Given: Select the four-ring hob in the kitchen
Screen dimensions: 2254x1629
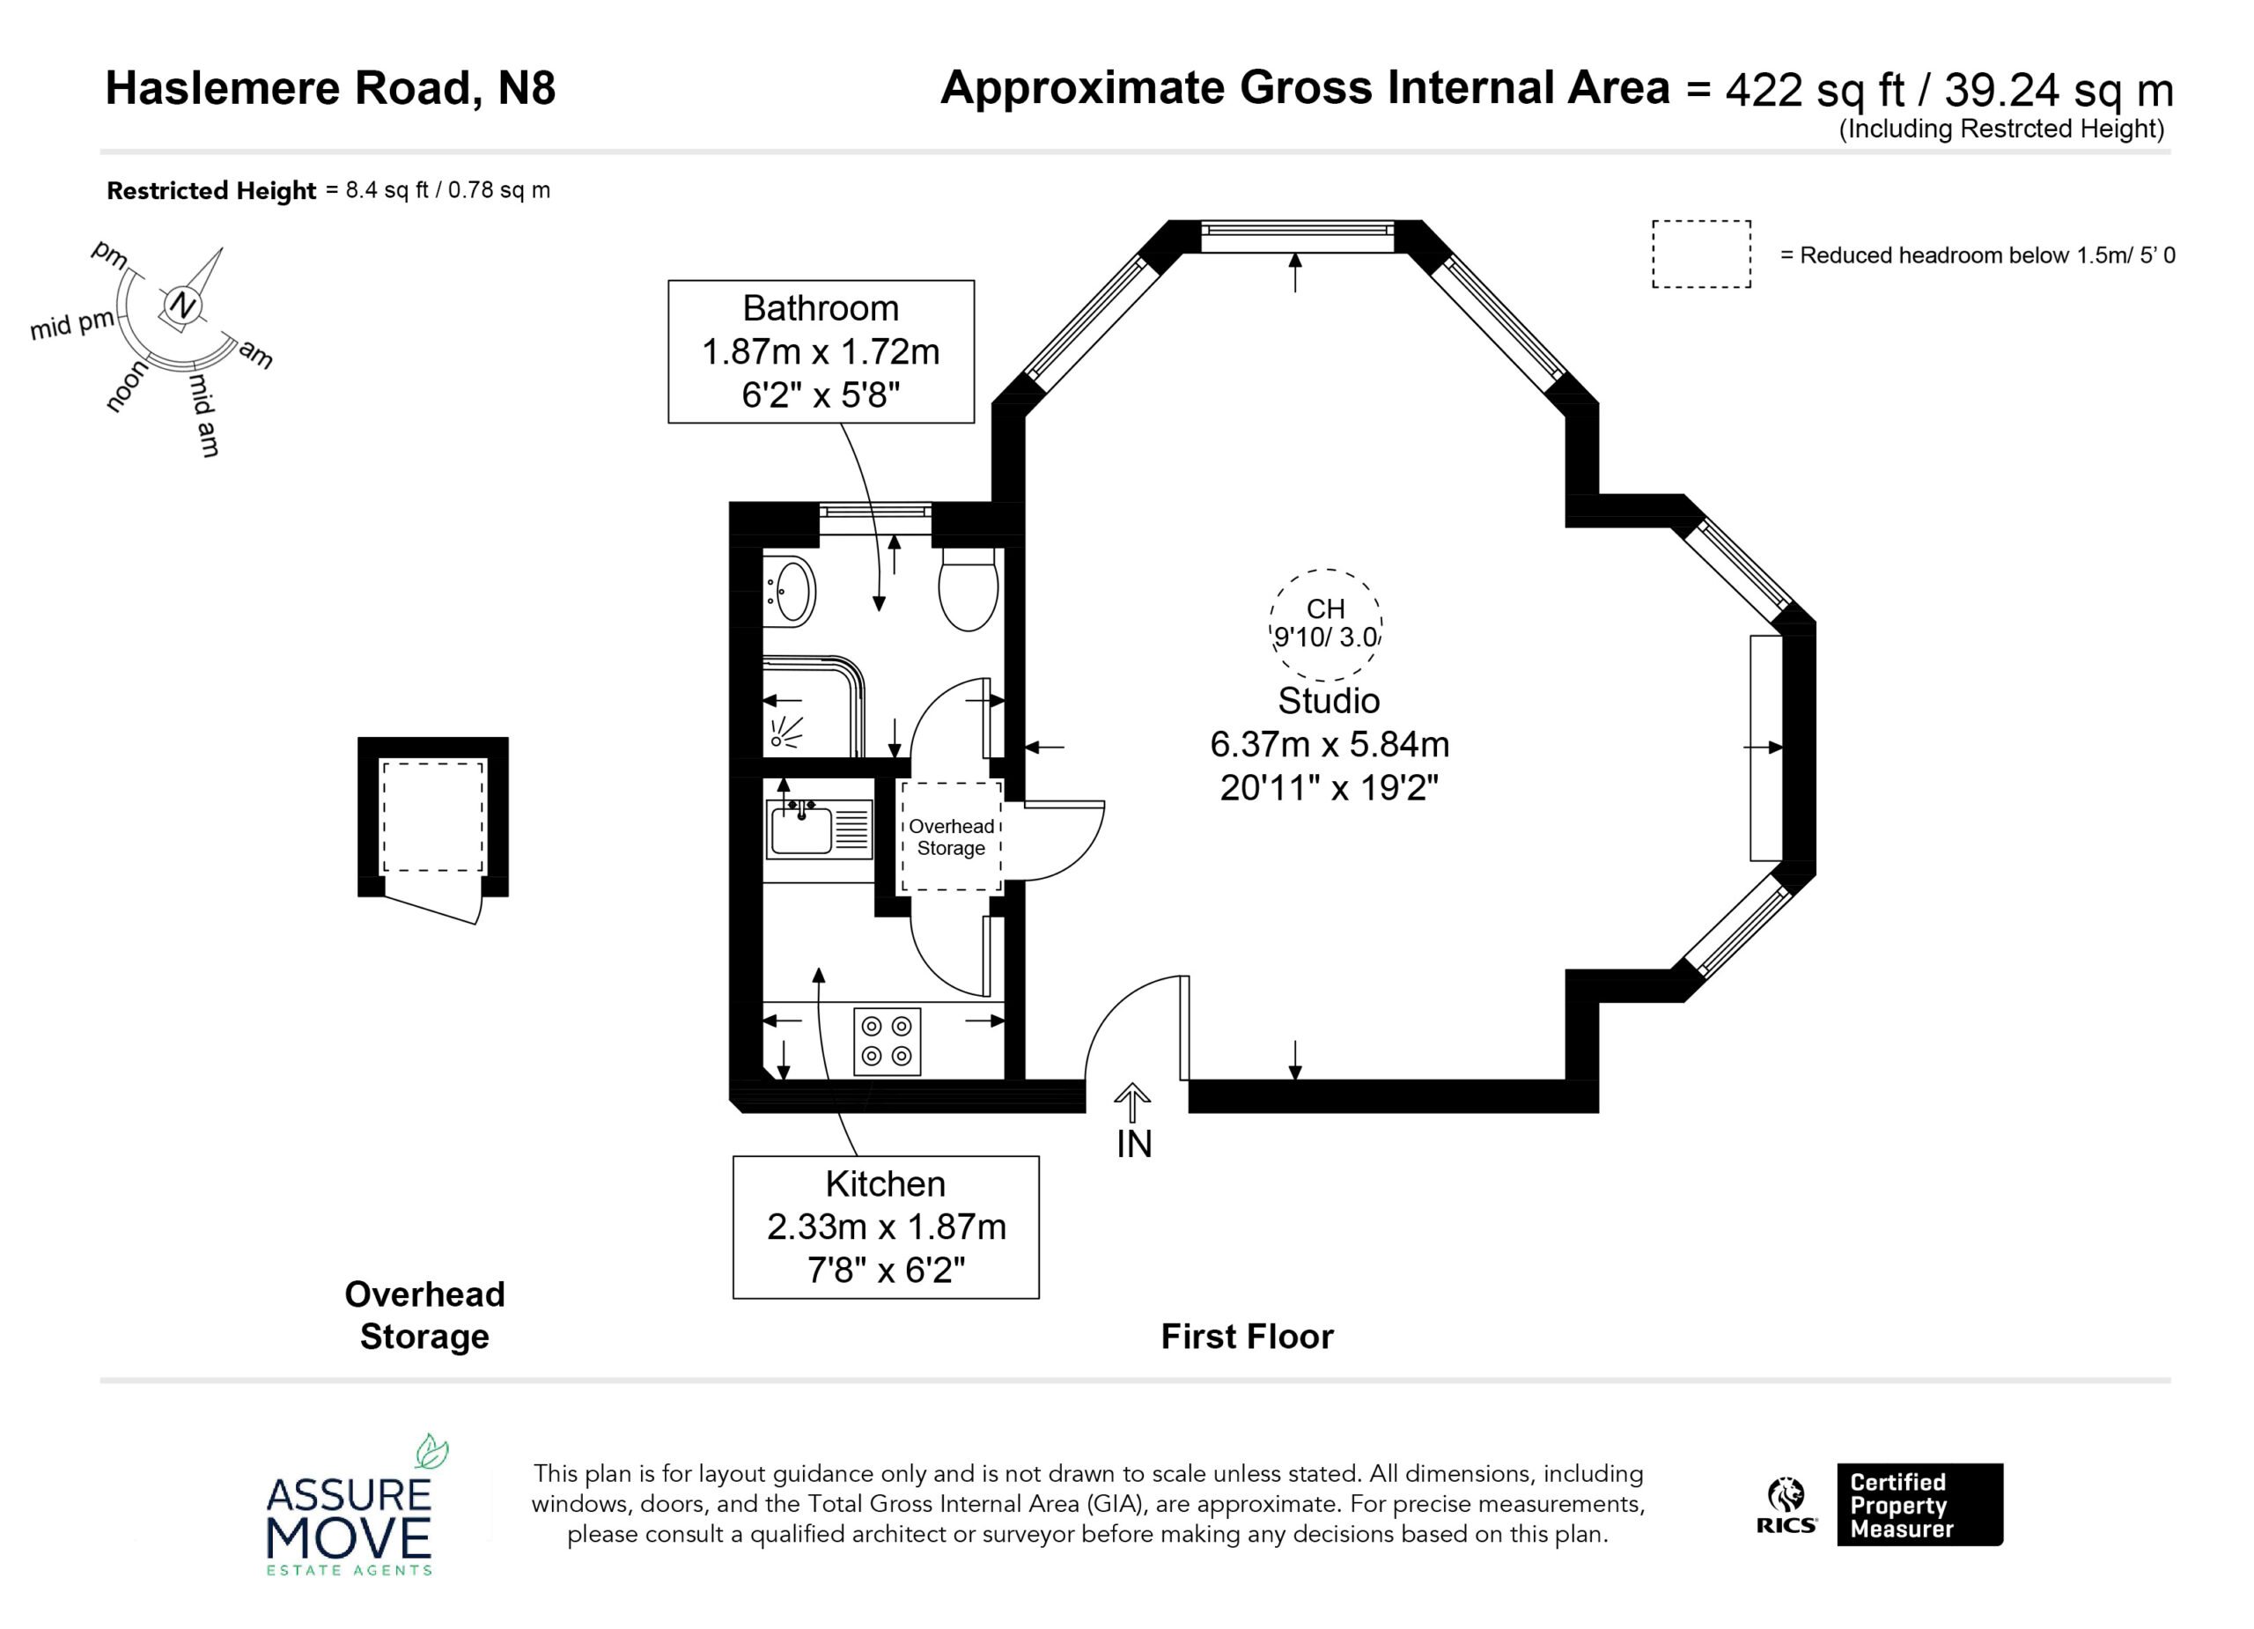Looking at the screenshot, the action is pos(887,1042).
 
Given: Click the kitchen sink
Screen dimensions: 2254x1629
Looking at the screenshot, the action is pos(819,829).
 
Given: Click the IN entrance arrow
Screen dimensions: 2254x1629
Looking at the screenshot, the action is pos(1132,1102).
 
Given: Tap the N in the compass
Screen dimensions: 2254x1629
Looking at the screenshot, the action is pos(180,306).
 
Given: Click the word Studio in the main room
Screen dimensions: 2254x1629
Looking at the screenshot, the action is pos(1329,701).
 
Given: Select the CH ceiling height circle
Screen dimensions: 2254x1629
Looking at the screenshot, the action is pos(1326,624).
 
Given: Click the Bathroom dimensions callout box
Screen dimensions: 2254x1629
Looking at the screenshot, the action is pos(821,352).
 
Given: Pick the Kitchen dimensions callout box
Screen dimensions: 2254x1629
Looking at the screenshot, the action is pos(886,1227).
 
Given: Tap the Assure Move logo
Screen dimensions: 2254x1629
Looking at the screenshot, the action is pos(349,1506).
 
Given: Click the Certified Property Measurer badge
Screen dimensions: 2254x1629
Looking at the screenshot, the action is pos(1919,1505).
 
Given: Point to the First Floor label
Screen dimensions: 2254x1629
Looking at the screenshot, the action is pos(1248,1337).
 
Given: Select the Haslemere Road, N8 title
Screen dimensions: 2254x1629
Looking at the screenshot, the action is pos(331,88).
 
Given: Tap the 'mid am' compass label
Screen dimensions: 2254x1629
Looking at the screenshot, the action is pos(203,415).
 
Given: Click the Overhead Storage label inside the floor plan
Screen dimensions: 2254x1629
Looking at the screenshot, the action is pos(951,837).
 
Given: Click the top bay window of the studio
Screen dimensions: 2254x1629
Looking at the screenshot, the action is pos(1295,231).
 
